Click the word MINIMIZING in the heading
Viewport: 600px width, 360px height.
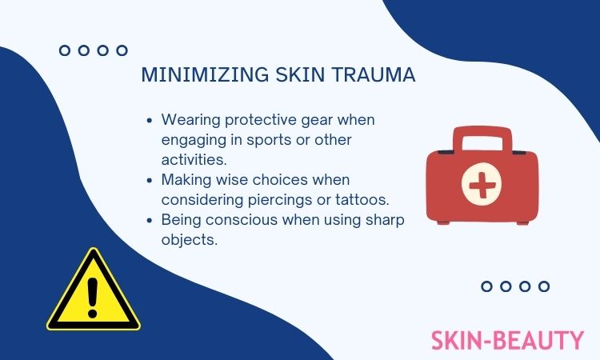click(x=205, y=74)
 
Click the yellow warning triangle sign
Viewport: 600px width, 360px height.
click(x=94, y=290)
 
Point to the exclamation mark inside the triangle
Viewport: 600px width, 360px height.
click(x=93, y=298)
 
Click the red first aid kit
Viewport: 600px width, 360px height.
click(x=482, y=175)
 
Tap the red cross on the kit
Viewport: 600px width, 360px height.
click(x=482, y=184)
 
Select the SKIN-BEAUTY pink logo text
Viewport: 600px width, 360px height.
click(x=507, y=340)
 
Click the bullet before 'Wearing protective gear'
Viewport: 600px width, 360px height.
click(x=150, y=121)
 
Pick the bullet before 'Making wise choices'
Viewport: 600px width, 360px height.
click(x=150, y=180)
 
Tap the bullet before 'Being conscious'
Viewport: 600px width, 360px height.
click(x=150, y=220)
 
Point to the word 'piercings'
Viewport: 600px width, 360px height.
click(x=280, y=200)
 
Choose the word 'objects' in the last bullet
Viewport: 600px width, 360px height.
click(x=190, y=240)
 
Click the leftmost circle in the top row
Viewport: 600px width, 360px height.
click(x=65, y=50)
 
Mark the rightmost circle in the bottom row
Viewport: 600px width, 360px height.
click(x=544, y=286)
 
